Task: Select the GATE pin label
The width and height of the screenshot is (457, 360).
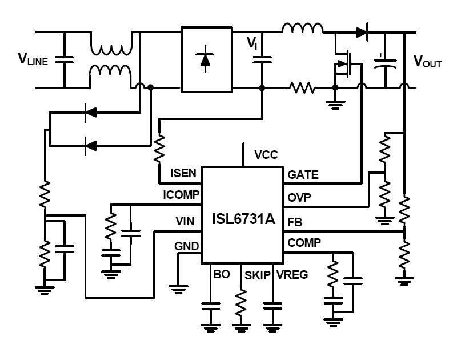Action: pos(303,175)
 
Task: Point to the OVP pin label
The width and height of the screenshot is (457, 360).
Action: pos(299,198)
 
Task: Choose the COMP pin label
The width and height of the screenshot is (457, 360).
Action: pos(304,243)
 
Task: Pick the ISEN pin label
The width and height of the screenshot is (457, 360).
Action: pos(183,173)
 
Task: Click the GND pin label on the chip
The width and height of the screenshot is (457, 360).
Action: pos(186,246)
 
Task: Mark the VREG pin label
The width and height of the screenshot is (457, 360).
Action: pos(292,275)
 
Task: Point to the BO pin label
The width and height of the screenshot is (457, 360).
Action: pos(221,274)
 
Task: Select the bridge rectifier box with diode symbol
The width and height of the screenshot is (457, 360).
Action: pos(206,59)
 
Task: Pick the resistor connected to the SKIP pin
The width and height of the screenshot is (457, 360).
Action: pos(241,301)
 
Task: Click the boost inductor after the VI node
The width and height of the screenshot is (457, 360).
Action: pos(302,29)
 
